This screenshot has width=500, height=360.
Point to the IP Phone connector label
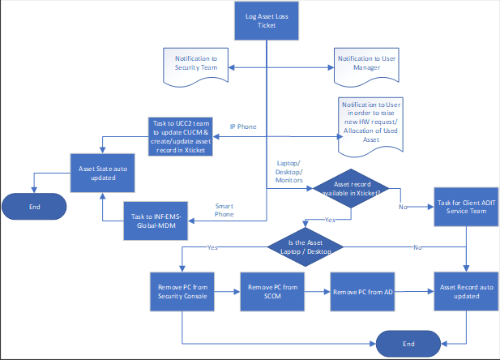click(244, 127)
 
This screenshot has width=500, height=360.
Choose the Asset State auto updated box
click(101, 174)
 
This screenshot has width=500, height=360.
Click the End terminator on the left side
click(34, 206)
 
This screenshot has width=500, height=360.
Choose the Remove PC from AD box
click(361, 290)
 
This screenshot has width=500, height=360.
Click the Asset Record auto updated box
click(466, 290)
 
